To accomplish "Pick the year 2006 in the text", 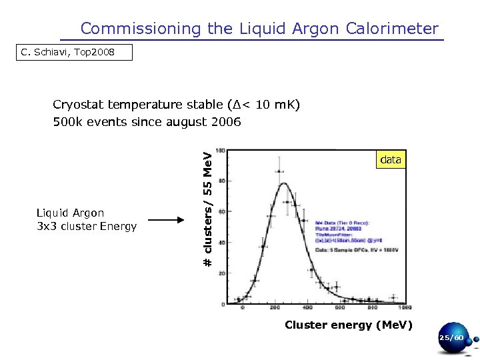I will click(226, 122).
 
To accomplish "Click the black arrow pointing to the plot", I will click(166, 219).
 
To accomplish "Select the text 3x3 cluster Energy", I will click(87, 226).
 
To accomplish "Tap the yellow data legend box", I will click(390, 160).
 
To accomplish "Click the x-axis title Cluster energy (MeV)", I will click(349, 325).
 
